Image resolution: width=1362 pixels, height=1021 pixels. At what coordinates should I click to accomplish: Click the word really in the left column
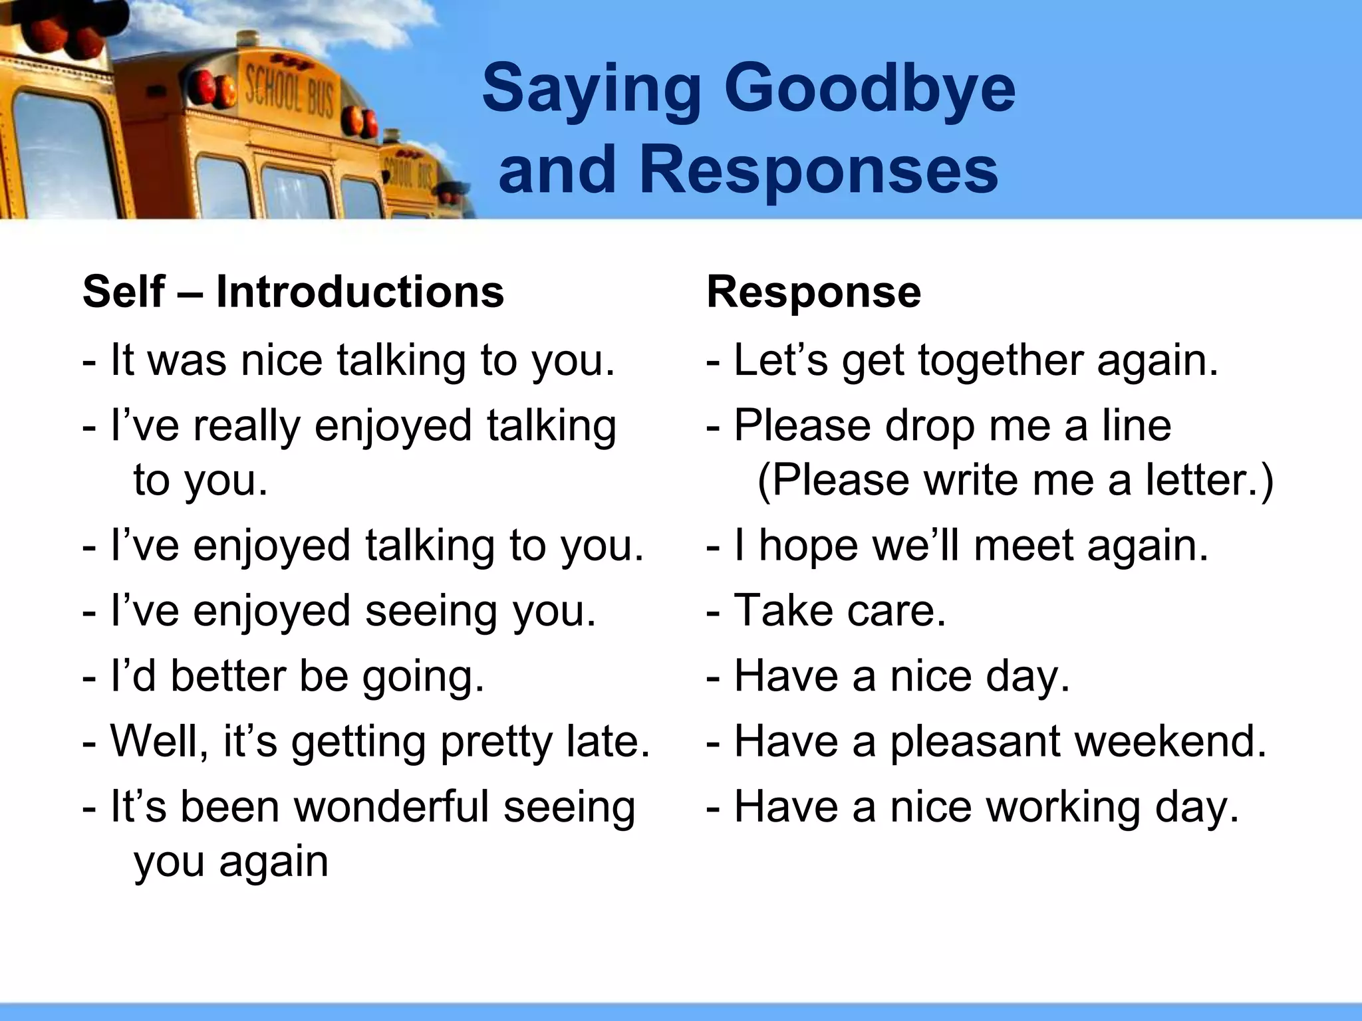(x=247, y=425)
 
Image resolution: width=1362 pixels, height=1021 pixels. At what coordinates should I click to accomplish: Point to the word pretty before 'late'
(x=496, y=742)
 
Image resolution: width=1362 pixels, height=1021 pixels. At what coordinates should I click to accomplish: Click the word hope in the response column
(x=808, y=545)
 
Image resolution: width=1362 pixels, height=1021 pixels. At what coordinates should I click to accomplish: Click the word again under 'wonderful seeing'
(x=273, y=862)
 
